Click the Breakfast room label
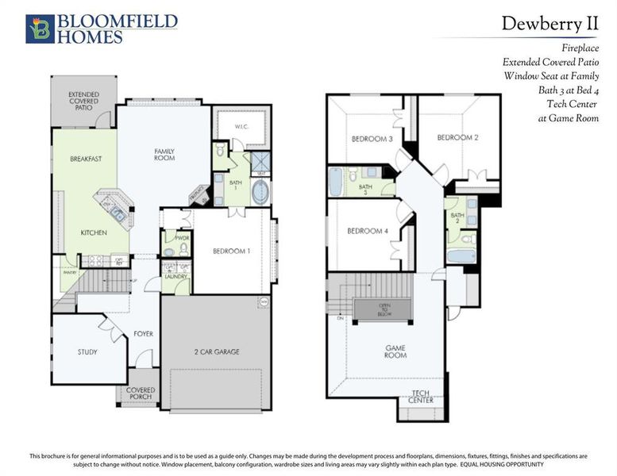coord(86,159)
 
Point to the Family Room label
coord(164,154)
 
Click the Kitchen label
coord(94,232)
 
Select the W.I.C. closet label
coord(243,127)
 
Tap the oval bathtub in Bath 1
coord(260,192)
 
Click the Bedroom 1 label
coord(232,251)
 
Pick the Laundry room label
coord(175,276)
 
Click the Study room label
coord(87,351)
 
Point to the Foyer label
coord(143,334)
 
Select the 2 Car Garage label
coord(216,351)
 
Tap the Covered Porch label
coord(141,393)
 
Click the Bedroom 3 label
coord(372,140)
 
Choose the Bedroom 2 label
coord(457,137)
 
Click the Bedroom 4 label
coord(368,232)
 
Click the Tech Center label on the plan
coord(421,397)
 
